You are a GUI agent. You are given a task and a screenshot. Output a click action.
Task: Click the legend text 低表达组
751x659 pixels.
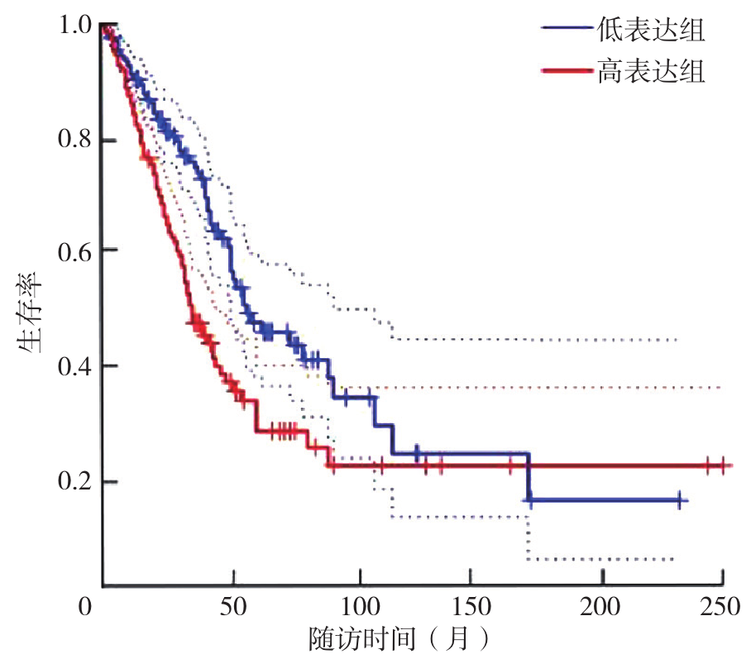(x=648, y=31)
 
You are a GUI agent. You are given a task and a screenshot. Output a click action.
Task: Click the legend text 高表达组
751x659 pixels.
(x=648, y=73)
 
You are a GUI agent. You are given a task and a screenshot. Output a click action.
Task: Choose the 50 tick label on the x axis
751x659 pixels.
(x=234, y=608)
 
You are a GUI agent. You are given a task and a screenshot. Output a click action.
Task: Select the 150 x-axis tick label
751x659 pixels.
(x=481, y=608)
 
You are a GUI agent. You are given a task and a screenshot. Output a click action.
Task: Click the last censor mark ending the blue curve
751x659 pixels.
(x=679, y=500)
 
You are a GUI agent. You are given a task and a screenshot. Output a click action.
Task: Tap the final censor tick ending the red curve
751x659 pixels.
(x=721, y=466)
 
